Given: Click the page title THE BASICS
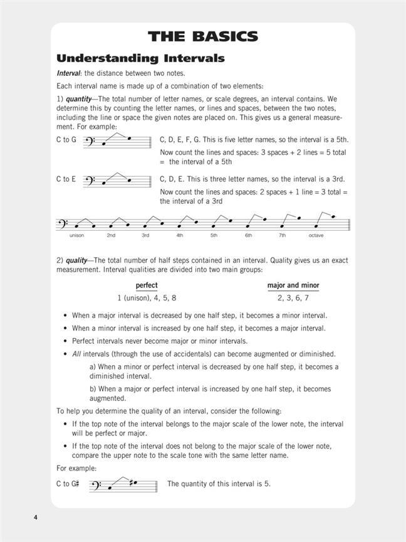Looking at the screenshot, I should pyautogui.click(x=203, y=36).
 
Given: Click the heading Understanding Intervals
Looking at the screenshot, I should pyautogui.click(x=140, y=59).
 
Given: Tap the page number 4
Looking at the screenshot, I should pyautogui.click(x=36, y=517).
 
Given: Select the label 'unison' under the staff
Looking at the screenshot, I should pyautogui.click(x=76, y=235).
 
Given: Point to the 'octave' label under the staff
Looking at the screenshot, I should pyautogui.click(x=316, y=235).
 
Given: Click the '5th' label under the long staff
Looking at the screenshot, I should pyautogui.click(x=214, y=235).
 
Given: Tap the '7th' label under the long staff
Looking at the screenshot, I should pyautogui.click(x=282, y=235).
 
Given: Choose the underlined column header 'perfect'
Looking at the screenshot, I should pyautogui.click(x=147, y=285).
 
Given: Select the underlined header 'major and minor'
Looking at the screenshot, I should pyautogui.click(x=293, y=285).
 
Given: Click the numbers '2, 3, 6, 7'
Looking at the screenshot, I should pyautogui.click(x=293, y=298).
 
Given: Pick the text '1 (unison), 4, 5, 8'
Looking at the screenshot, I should pyautogui.click(x=151, y=298).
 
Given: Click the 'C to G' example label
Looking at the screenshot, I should pyautogui.click(x=66, y=140).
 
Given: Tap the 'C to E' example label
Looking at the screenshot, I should pyautogui.click(x=66, y=179).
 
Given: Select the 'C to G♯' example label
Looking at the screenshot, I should pyautogui.click(x=68, y=484).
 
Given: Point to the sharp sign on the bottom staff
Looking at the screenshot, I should pyautogui.click(x=129, y=483).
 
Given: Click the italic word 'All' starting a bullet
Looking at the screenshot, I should pyautogui.click(x=76, y=354).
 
